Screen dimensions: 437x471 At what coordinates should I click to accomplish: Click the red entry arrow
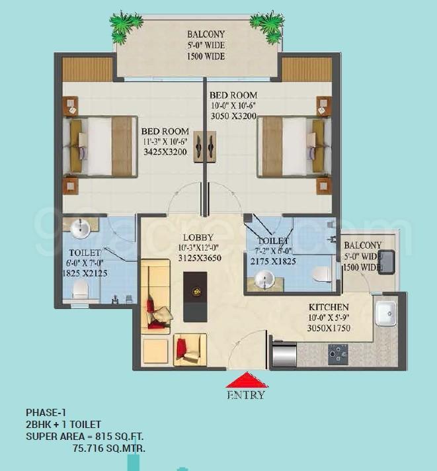pos(247,380)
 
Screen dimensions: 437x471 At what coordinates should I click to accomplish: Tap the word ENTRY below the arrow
pos(246,395)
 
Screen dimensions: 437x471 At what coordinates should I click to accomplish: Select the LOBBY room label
pos(198,237)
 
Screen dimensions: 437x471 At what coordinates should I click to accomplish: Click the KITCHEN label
pos(329,307)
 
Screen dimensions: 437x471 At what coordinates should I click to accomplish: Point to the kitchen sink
pos(385,314)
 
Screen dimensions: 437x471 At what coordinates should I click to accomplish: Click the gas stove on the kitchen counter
pos(338,355)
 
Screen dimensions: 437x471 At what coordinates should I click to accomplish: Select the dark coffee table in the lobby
pos(195,297)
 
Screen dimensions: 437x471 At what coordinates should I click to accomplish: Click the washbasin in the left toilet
pos(80,229)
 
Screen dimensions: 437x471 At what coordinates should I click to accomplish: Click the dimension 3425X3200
pos(165,152)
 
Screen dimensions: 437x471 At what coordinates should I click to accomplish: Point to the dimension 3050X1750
pos(329,328)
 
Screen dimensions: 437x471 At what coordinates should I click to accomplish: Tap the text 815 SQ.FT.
pos(120,436)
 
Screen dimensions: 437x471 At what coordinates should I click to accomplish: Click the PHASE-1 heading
pos(46,412)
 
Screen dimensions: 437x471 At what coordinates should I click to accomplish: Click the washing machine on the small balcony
pos(387,262)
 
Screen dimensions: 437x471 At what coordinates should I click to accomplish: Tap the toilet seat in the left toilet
pos(81,290)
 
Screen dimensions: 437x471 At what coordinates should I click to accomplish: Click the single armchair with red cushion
pos(190,349)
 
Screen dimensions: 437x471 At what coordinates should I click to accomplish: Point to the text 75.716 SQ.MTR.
pos(109,449)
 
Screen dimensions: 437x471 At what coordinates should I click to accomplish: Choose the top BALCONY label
pos(206,34)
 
